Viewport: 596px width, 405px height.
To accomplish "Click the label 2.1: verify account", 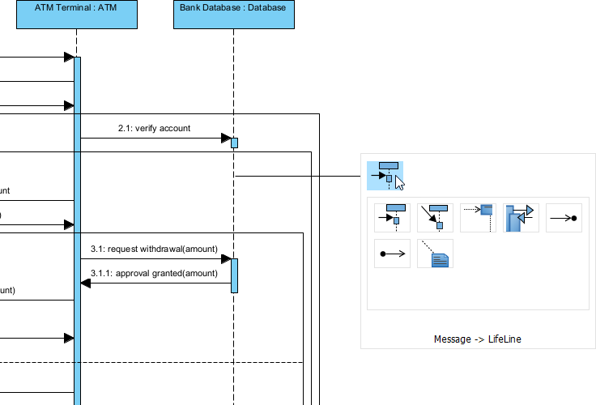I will point(154,128).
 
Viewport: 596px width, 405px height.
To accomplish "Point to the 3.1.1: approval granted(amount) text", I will point(154,274).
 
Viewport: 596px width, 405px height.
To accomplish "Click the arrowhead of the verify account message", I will point(227,139).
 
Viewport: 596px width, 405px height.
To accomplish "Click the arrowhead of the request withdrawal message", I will point(227,259).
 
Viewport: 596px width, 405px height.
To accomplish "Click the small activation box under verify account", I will point(234,143).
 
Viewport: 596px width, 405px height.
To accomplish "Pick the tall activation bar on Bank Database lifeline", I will point(234,275).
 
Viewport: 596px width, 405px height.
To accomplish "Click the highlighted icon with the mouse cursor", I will point(385,174).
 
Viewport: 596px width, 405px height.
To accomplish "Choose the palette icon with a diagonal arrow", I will point(435,217).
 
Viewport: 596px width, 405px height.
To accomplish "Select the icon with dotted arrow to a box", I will point(478,217).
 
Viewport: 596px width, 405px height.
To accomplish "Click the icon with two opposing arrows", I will point(521,217).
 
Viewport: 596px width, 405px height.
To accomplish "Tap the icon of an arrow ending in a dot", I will point(564,217).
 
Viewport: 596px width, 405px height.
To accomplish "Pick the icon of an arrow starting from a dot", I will point(392,254).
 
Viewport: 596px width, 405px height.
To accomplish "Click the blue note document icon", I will point(435,254).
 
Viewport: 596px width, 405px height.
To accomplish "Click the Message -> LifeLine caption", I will point(478,339).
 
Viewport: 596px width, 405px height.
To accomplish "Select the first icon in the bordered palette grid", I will point(392,217).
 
